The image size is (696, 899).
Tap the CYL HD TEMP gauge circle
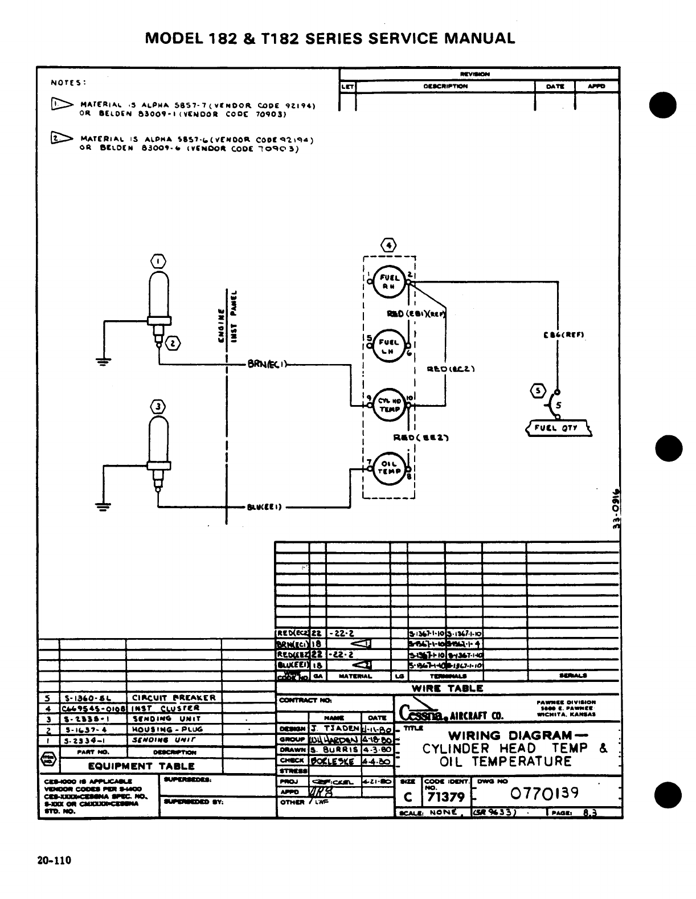pos(390,404)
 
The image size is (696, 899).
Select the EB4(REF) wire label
pos(559,335)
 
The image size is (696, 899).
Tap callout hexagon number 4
pos(388,246)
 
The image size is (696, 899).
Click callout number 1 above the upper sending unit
pos(158,261)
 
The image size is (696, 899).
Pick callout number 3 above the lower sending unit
pos(158,406)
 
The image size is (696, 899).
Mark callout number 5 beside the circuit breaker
pos(537,391)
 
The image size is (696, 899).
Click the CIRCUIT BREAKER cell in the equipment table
pos(174,698)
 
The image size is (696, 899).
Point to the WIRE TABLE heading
pos(447,688)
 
